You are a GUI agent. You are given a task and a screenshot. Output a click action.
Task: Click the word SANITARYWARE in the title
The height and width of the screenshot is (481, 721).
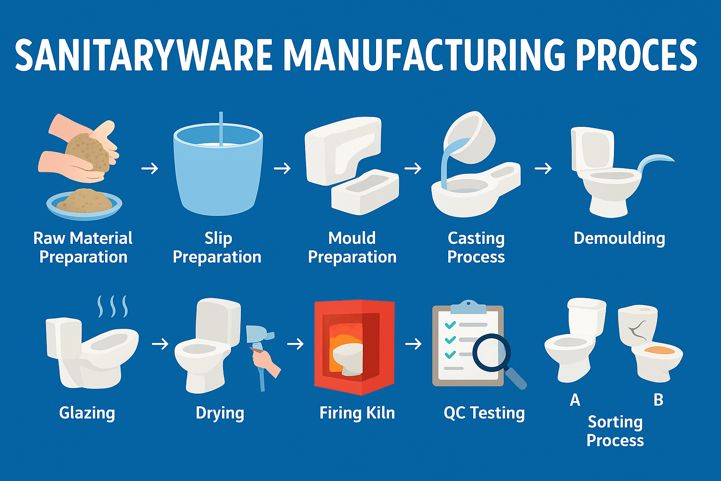[x=143, y=55]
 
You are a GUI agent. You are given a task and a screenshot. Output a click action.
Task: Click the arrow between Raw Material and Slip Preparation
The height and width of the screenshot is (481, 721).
[x=150, y=168]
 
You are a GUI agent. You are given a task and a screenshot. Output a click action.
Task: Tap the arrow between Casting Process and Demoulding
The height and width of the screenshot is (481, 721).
[x=543, y=168]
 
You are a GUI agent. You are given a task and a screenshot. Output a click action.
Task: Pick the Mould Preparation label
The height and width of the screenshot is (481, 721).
[x=352, y=247]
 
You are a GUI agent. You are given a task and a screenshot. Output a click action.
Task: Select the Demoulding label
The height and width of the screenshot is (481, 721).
[x=619, y=238]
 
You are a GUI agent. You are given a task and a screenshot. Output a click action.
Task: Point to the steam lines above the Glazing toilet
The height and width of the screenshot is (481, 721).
[x=113, y=306]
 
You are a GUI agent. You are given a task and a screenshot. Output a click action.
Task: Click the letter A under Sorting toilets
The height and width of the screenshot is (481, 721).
[x=575, y=400]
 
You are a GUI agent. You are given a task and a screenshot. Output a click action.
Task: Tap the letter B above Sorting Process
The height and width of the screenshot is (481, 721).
[x=658, y=400]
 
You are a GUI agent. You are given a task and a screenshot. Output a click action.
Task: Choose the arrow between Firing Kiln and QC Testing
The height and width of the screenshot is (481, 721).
[x=413, y=344]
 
